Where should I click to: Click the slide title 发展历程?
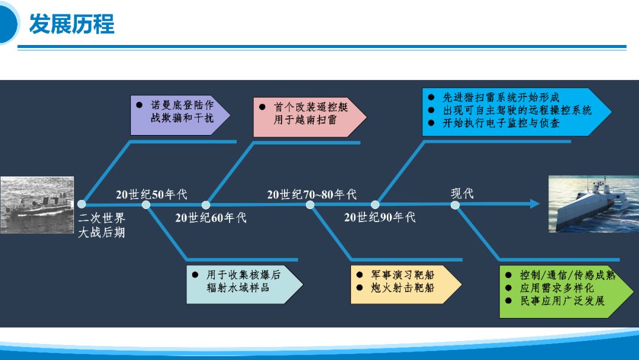[x=72, y=24]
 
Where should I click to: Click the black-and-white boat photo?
[x=37, y=205]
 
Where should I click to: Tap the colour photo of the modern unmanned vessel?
[x=594, y=204]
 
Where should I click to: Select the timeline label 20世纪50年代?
[x=151, y=194]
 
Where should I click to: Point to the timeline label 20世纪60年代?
[x=211, y=218]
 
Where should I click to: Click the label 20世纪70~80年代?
[x=312, y=194]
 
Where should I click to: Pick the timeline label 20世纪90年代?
[x=380, y=217]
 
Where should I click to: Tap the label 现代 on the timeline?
[x=462, y=193]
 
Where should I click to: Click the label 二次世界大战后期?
[x=102, y=225]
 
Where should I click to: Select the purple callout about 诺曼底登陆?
[x=180, y=115]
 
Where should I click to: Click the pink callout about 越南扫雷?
[x=309, y=117]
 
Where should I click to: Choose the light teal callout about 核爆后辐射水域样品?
[x=244, y=285]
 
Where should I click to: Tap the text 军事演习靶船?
[x=403, y=275]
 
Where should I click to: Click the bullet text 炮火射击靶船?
[x=403, y=288]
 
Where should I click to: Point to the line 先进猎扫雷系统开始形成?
[x=501, y=98]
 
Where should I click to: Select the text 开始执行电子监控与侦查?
[x=501, y=123]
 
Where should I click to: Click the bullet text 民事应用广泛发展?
[x=563, y=301]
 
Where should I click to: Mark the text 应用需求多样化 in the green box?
[x=557, y=288]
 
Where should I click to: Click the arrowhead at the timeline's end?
[x=535, y=204]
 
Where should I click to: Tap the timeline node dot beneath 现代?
[x=455, y=205]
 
